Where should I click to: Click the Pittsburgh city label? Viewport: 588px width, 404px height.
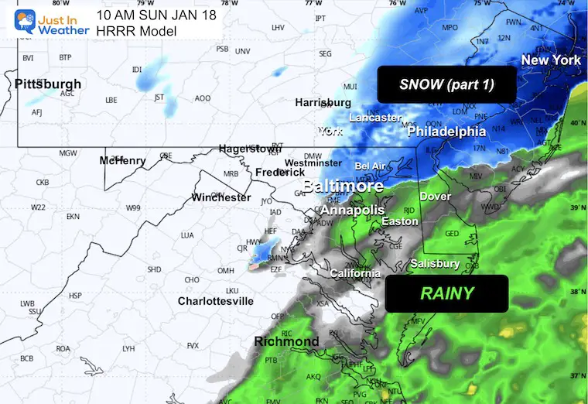pyautogui.click(x=47, y=84)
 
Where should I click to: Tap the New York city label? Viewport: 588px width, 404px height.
pyautogui.click(x=550, y=60)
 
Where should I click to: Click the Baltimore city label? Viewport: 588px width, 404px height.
pyautogui.click(x=343, y=187)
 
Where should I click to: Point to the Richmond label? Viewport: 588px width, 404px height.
pyautogui.click(x=286, y=341)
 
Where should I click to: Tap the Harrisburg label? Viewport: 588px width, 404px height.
pyautogui.click(x=323, y=102)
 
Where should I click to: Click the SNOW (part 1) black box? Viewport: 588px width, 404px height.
pyautogui.click(x=446, y=84)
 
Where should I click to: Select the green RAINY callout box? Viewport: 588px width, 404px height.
pyautogui.click(x=446, y=293)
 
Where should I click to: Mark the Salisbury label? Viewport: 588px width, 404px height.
pyautogui.click(x=435, y=264)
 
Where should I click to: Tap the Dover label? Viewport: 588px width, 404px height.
pyautogui.click(x=435, y=197)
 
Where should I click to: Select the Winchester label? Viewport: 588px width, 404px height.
pyautogui.click(x=221, y=197)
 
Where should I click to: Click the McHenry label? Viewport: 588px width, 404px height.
pyautogui.click(x=122, y=161)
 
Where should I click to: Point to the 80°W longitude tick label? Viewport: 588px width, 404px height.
pyautogui.click(x=55, y=3)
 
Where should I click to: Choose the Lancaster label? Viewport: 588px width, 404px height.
pyautogui.click(x=375, y=118)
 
